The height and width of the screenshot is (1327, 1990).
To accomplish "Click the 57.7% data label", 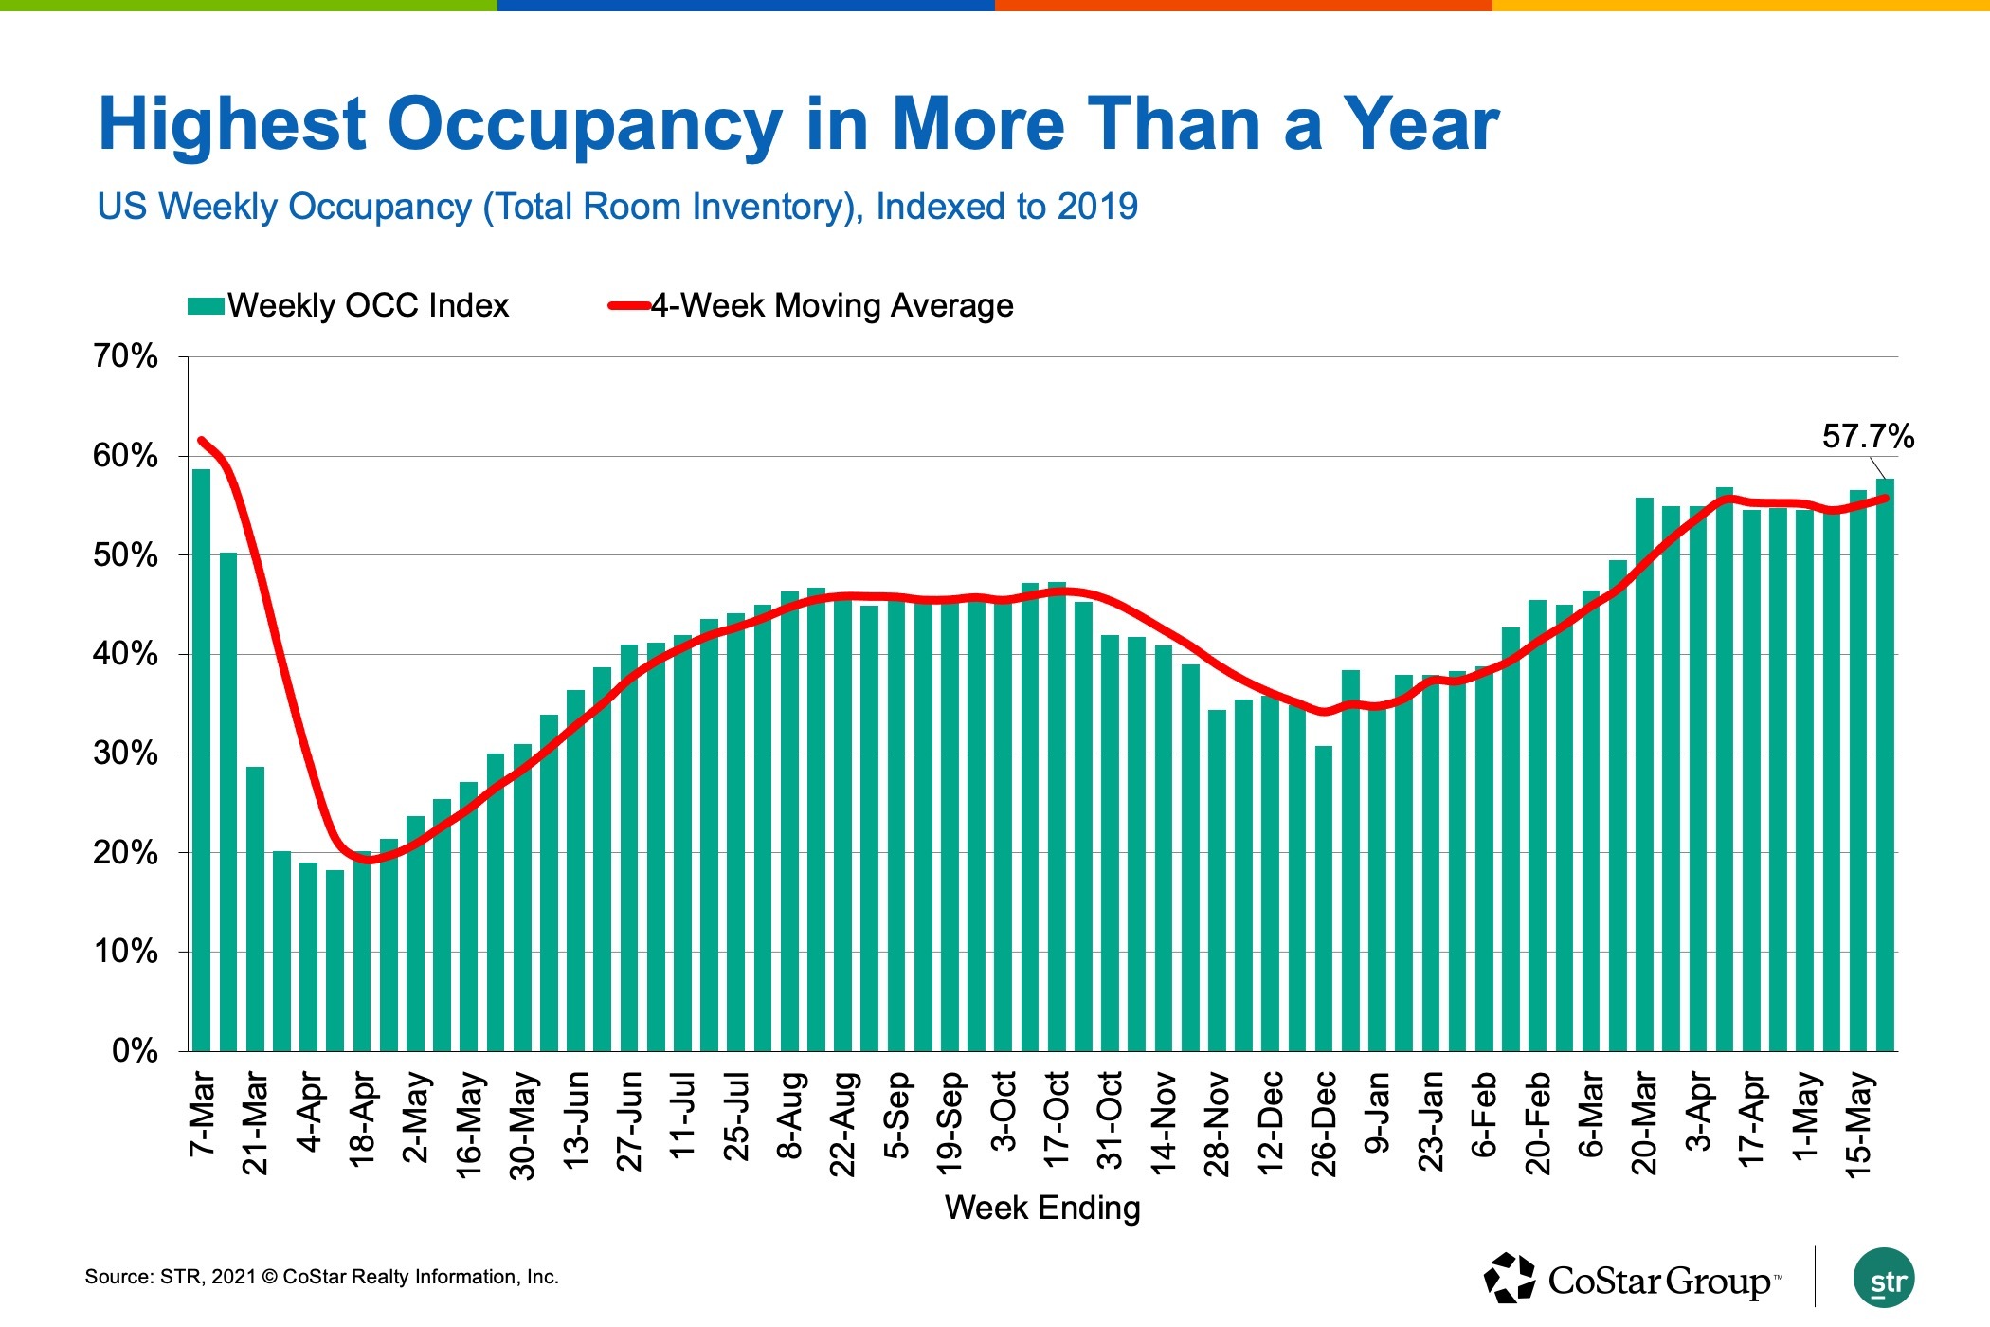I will (1867, 437).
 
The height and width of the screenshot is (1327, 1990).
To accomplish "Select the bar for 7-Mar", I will (201, 758).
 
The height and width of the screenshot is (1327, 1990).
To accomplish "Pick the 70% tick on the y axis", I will (125, 357).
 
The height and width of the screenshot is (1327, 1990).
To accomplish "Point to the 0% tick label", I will (135, 1050).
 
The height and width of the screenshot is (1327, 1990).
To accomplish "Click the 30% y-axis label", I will (125, 754).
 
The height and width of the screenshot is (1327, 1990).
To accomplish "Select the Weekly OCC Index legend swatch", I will (206, 306).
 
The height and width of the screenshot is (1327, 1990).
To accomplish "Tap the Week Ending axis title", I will (1042, 1209).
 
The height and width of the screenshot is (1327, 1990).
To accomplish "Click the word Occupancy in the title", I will (585, 125).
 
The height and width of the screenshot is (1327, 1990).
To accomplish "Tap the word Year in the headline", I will (1421, 125).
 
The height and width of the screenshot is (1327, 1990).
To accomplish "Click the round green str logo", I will (1883, 1279).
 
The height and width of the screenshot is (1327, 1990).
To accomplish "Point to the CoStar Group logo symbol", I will (1510, 1279).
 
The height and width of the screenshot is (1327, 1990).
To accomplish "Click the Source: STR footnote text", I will (321, 1277).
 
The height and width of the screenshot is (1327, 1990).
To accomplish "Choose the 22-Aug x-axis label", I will (842, 1123).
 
